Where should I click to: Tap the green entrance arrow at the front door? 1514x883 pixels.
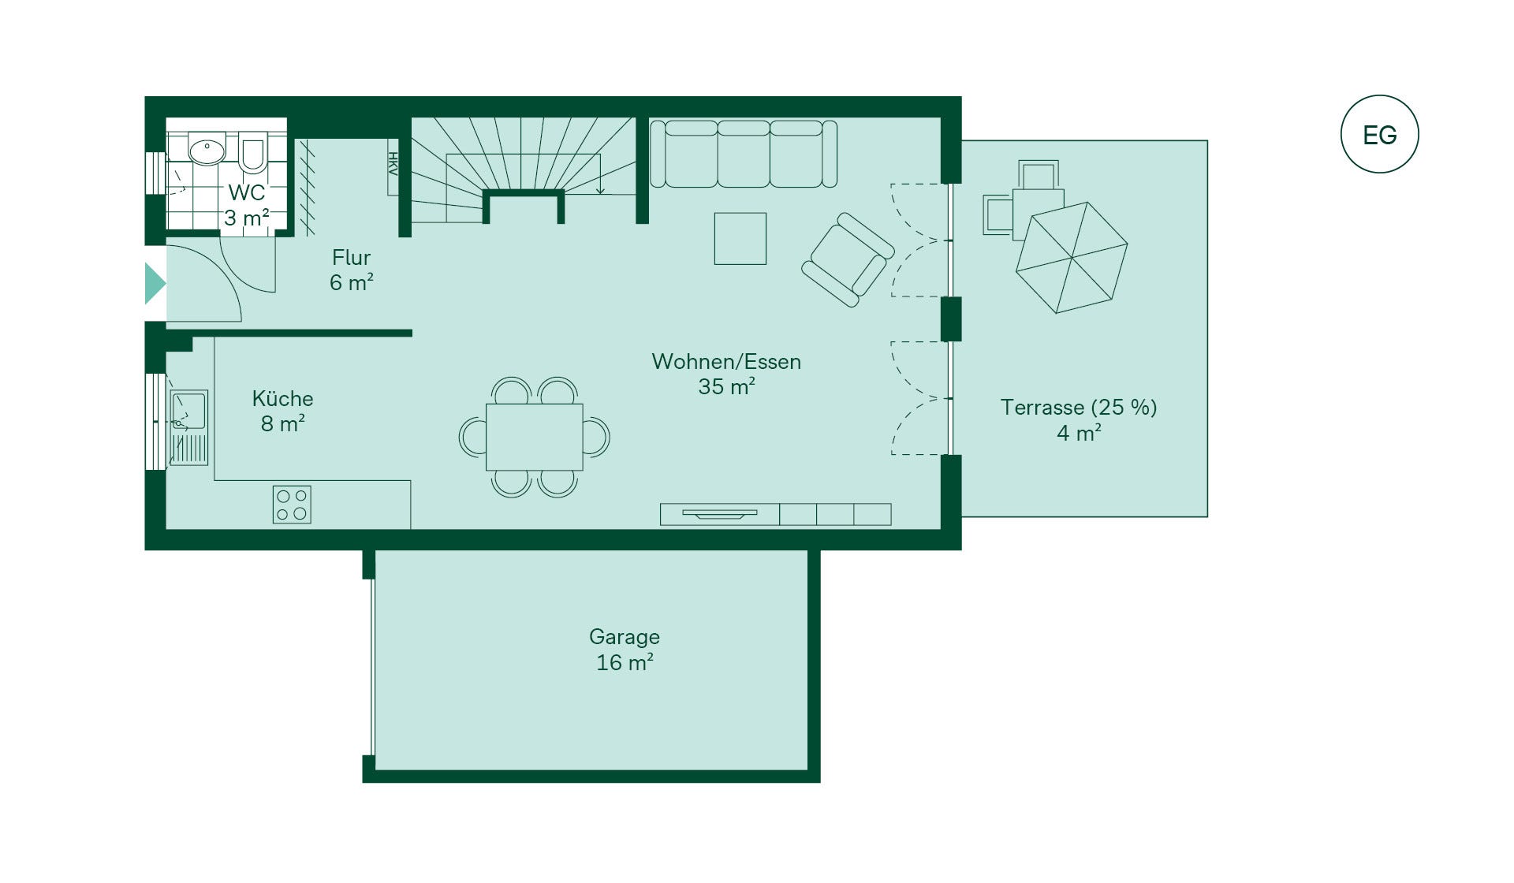point(155,284)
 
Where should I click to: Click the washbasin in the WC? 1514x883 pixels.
point(207,149)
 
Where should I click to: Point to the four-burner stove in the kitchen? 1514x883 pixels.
point(292,505)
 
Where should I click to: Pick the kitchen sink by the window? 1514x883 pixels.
point(189,427)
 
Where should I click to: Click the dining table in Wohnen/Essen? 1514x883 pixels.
point(534,437)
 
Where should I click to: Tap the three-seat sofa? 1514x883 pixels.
point(743,154)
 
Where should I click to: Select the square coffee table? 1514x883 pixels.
point(740,238)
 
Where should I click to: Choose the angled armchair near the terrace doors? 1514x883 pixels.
point(848,259)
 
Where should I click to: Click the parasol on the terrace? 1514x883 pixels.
point(1072,258)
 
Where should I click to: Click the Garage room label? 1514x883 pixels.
point(625,636)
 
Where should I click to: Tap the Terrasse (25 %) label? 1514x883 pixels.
point(1079,407)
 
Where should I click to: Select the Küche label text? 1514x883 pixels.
point(282,398)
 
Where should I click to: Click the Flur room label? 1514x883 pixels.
point(351,257)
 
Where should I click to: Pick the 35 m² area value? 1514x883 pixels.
point(726,386)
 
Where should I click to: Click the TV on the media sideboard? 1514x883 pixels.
point(719,514)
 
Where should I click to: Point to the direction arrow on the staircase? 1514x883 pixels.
point(600,173)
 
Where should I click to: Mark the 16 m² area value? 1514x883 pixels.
point(625,662)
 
